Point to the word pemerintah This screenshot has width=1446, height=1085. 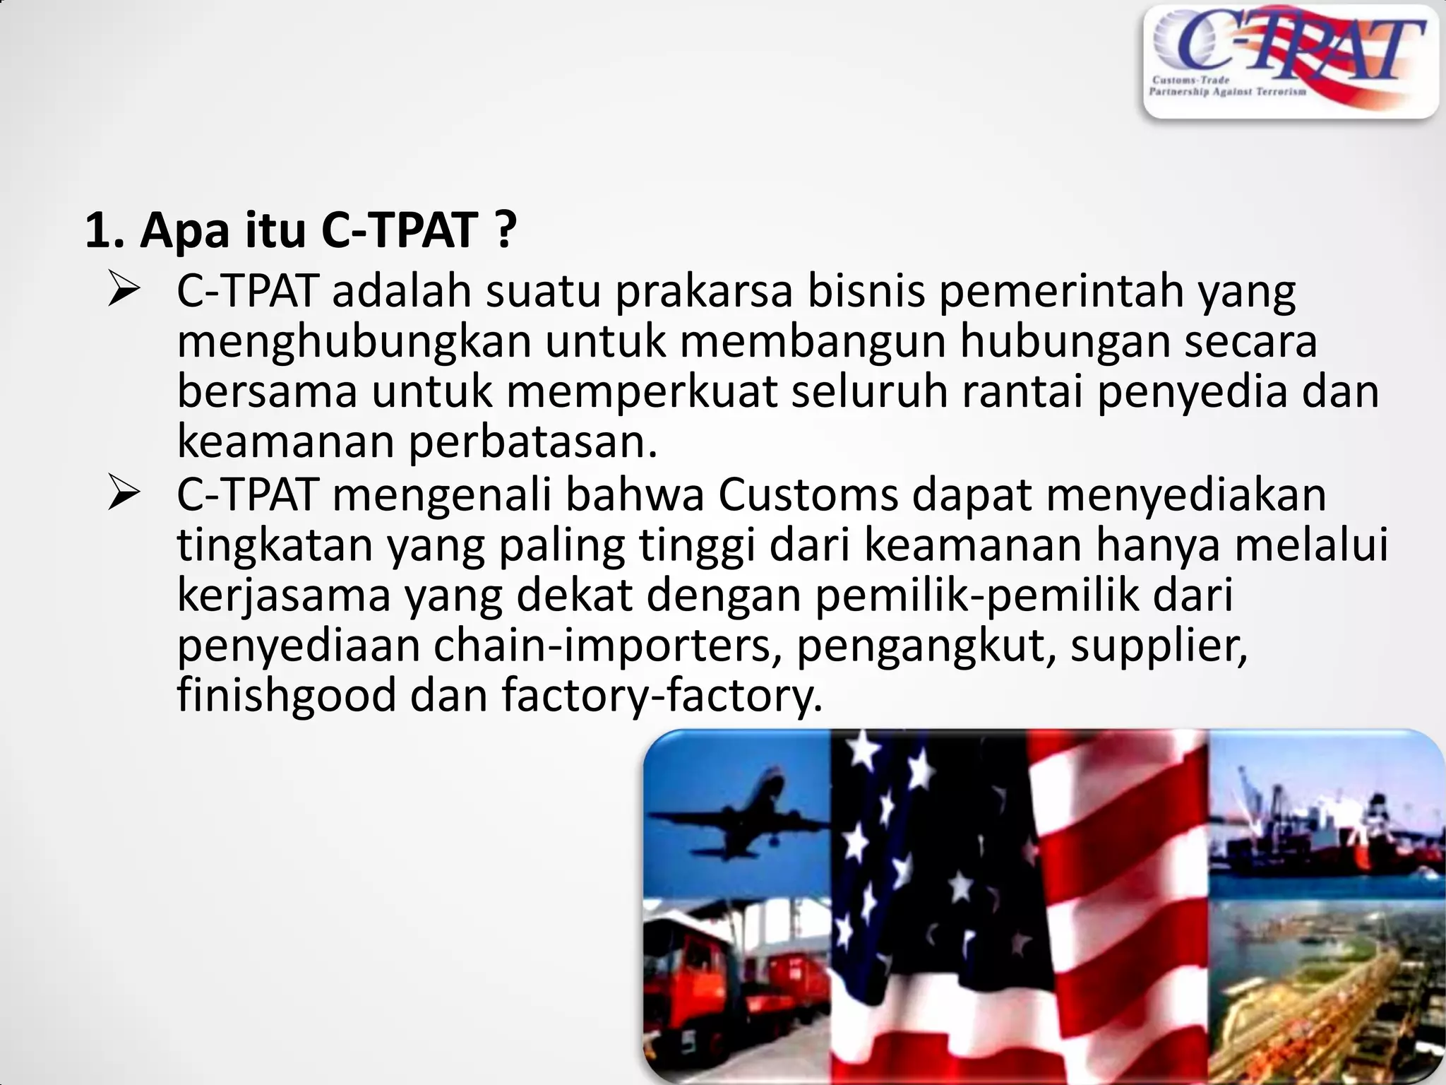coord(1060,291)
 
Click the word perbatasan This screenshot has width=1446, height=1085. coord(533,442)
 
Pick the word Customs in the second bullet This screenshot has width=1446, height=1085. coord(808,496)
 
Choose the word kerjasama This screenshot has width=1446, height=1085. coord(283,596)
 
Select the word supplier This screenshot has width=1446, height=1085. coord(1159,646)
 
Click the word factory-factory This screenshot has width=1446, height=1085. coord(662,696)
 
